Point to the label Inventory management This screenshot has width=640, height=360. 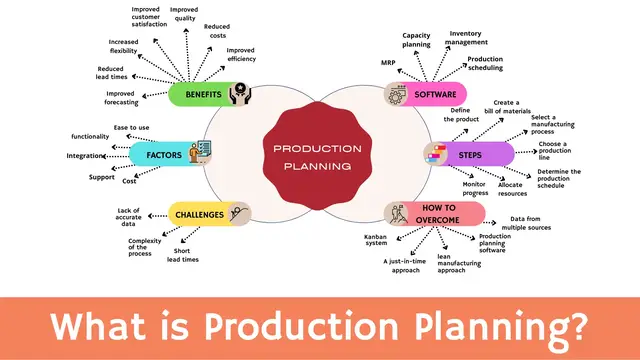click(x=468, y=38)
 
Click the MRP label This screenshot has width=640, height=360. click(x=389, y=62)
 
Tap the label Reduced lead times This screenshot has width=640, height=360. click(x=111, y=74)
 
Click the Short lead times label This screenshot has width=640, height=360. click(x=184, y=256)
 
